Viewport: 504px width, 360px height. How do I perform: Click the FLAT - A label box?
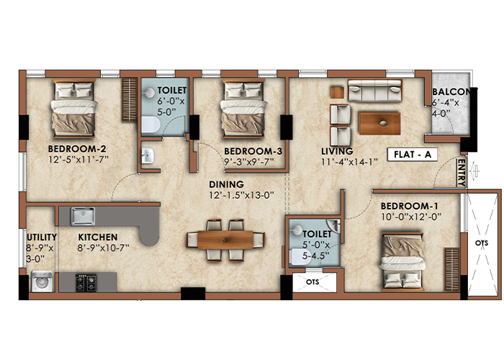413,155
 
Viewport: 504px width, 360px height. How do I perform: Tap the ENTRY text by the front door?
462,173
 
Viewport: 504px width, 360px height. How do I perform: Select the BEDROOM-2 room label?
77,149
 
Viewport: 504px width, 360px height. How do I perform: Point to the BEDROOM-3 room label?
253,151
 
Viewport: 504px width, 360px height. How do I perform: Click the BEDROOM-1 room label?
409,206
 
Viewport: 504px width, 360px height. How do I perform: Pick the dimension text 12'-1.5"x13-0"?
241,195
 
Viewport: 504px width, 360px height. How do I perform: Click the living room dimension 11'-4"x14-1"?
349,162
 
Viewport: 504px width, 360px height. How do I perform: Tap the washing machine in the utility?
42,282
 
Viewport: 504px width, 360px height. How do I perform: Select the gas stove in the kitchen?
86,282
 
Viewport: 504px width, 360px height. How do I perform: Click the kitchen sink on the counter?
83,216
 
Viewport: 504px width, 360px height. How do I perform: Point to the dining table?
225,240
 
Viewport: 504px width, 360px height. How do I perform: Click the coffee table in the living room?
379,123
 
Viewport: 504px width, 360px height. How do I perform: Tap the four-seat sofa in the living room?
375,91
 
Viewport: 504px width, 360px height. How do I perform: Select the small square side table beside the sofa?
337,92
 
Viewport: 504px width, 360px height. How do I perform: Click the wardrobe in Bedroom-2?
130,99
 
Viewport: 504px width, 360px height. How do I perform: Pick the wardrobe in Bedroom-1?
452,269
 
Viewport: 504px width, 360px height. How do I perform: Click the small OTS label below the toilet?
312,282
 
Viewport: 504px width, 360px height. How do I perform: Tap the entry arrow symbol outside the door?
474,171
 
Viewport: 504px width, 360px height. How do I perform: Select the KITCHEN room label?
98,237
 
